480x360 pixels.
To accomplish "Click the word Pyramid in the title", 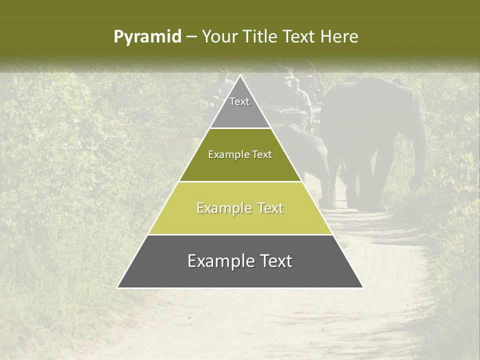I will pos(147,37).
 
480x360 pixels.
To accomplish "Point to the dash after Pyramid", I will pos(191,37).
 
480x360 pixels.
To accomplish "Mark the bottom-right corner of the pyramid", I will pos(362,287).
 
